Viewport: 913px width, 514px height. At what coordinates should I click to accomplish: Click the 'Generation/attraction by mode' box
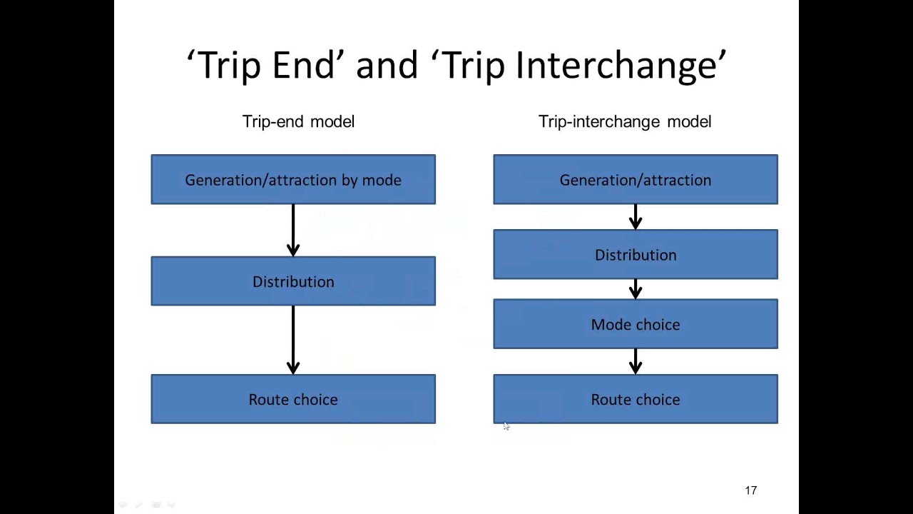293,180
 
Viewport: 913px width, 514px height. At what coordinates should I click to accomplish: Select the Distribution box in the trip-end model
293,281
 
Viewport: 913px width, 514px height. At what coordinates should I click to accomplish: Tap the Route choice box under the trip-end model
293,399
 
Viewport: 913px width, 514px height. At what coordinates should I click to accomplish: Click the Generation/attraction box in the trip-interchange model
636,180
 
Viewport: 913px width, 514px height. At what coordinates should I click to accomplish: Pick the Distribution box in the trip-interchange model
636,255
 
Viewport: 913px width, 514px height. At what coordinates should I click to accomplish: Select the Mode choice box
636,324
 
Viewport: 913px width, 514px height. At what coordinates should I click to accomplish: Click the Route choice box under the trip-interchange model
636,399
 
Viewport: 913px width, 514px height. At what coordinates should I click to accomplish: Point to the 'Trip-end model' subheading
298,122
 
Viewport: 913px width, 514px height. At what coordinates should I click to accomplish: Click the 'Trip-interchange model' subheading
625,122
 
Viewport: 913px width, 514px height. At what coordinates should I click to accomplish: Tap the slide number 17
750,490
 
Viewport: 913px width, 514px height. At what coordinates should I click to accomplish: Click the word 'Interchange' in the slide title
617,66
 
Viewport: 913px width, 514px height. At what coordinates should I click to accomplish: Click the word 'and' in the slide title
387,66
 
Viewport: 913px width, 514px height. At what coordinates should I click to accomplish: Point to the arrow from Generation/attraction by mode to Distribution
293,231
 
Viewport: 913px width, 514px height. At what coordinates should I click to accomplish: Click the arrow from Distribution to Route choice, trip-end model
293,341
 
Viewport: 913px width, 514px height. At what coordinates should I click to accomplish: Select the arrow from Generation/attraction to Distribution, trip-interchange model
636,217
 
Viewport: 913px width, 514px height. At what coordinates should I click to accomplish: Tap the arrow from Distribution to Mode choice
636,289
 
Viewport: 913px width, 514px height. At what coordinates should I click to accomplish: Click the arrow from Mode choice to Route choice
636,362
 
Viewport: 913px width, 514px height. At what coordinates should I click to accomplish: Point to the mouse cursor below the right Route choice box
506,426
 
